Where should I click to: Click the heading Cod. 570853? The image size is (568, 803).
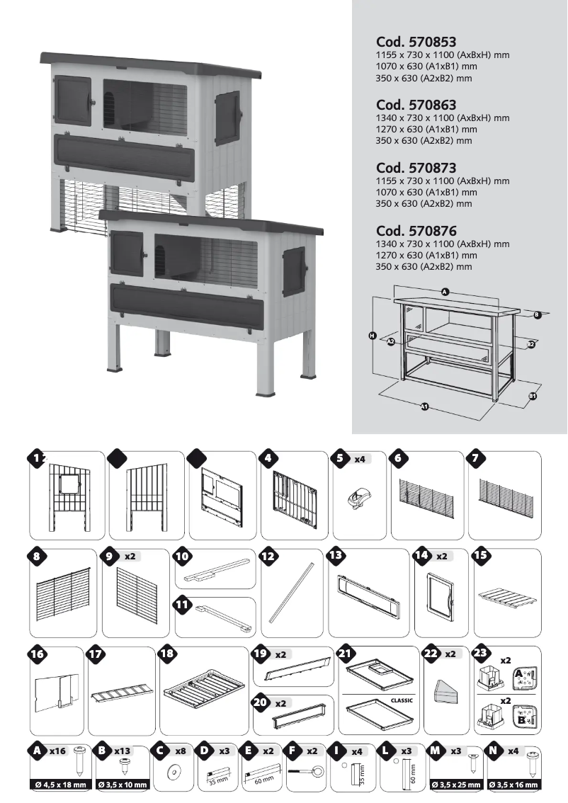pyautogui.click(x=416, y=42)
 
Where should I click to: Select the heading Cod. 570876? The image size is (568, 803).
pyautogui.click(x=416, y=231)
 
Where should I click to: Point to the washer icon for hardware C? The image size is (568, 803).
pyautogui.click(x=171, y=770)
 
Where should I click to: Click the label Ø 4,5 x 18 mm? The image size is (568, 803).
pyautogui.click(x=61, y=785)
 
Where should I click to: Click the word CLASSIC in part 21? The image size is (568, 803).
pyautogui.click(x=401, y=700)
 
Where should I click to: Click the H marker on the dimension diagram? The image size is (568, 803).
pyautogui.click(x=372, y=335)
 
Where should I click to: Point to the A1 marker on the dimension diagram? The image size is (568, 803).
pyautogui.click(x=425, y=406)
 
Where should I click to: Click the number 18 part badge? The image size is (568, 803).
pyautogui.click(x=167, y=654)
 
